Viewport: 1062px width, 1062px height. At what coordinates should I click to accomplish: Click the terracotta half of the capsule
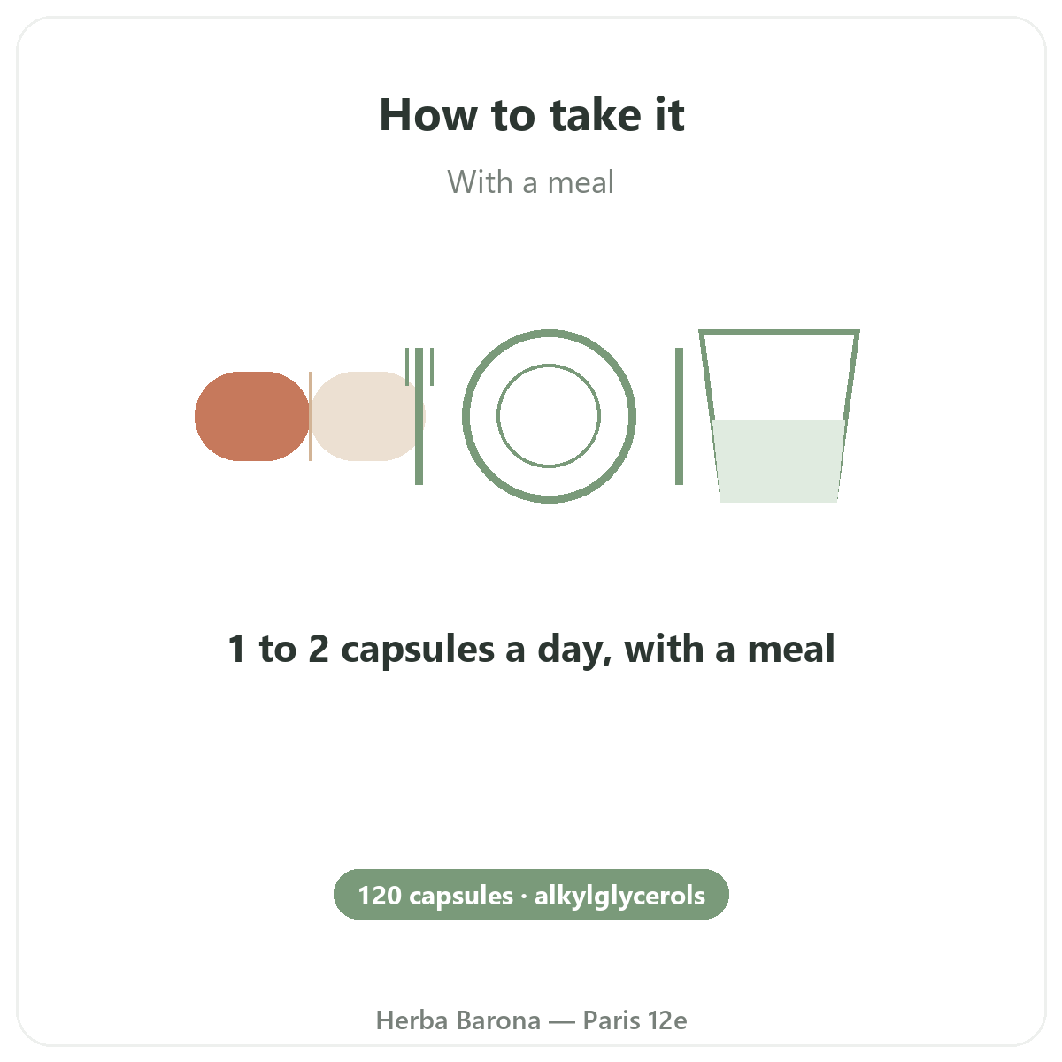coord(252,416)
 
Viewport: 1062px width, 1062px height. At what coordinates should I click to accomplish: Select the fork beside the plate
coord(419,416)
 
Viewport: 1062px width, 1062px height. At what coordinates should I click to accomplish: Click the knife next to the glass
coord(679,416)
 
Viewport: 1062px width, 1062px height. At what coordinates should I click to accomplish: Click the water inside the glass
coord(779,461)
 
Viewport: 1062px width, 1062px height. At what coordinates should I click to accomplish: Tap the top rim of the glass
coord(779,332)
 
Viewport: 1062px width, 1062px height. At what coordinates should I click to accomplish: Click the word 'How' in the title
coord(428,115)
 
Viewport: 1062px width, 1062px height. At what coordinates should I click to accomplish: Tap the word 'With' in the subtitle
coord(480,182)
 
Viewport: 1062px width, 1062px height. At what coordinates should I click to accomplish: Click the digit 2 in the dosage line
coord(319,649)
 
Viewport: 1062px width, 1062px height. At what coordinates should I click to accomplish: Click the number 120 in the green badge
coord(380,896)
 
